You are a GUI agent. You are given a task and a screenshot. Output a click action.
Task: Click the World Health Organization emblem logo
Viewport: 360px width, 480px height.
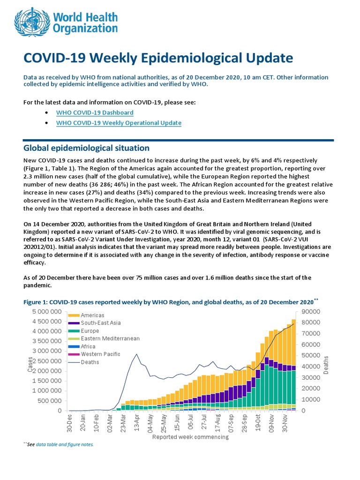[31, 22]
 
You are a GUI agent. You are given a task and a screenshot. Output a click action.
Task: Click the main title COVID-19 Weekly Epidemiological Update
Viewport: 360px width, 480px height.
[158, 58]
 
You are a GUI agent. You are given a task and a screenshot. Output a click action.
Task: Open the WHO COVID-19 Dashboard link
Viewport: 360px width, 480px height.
[95, 113]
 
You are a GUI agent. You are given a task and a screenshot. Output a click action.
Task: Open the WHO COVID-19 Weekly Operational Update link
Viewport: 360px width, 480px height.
[119, 123]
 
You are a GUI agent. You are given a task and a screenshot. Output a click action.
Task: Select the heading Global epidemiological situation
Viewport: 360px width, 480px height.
[86, 148]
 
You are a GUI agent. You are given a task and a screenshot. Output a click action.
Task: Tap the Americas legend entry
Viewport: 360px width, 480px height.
[92, 315]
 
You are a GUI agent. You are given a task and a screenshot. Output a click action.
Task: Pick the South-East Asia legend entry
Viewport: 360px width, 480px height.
[101, 323]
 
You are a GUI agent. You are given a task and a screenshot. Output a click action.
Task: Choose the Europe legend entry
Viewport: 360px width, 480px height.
[90, 331]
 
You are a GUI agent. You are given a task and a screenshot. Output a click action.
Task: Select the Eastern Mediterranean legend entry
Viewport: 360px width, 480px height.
[110, 338]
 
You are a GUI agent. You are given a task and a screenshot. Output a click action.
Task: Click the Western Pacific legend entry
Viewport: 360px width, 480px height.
[100, 354]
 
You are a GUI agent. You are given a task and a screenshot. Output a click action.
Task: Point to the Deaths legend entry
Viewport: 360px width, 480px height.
[90, 362]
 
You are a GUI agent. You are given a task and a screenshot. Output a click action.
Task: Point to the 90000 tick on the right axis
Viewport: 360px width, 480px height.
[307, 312]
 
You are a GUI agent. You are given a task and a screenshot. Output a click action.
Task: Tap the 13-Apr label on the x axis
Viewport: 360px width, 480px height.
[136, 423]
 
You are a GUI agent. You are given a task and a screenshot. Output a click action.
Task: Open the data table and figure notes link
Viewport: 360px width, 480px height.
[65, 444]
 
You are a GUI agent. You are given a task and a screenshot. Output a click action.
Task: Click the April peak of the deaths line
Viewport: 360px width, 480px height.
[136, 354]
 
